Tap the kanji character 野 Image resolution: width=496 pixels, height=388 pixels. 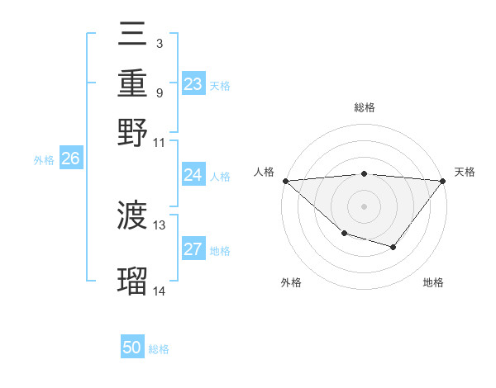pyautogui.click(x=132, y=132)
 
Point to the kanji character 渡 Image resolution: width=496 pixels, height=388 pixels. pyautogui.click(x=132, y=216)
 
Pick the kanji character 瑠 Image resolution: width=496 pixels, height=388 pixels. pyautogui.click(x=132, y=281)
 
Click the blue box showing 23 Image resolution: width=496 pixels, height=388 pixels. pyautogui.click(x=193, y=84)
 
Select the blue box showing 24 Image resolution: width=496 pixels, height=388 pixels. pyautogui.click(x=193, y=175)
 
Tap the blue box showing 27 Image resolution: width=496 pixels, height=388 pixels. pyautogui.click(x=193, y=249)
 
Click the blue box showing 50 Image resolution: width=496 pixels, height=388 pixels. pyautogui.click(x=132, y=348)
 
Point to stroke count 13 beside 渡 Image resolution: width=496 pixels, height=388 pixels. pyautogui.click(x=160, y=225)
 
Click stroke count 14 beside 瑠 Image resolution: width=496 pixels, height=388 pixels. pyautogui.click(x=160, y=291)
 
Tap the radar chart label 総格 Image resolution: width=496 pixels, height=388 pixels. pyautogui.click(x=364, y=108)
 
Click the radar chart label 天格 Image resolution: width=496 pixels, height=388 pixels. pyautogui.click(x=465, y=172)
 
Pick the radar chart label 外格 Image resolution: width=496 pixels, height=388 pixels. pyautogui.click(x=291, y=282)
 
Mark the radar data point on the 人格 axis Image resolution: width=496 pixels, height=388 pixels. pyautogui.click(x=285, y=181)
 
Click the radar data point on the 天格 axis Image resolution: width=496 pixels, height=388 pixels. pyautogui.click(x=443, y=181)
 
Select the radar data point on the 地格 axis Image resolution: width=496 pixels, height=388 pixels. pyautogui.click(x=393, y=247)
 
